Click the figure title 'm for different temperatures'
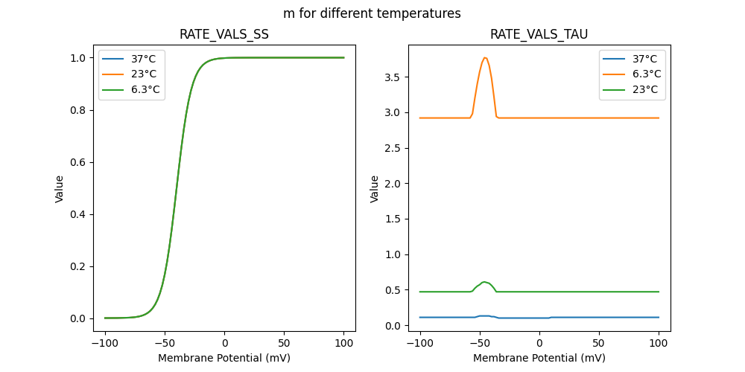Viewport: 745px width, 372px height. (x=372, y=13)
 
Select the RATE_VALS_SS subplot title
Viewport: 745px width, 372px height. (x=224, y=34)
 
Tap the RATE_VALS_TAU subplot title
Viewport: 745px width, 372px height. (x=539, y=34)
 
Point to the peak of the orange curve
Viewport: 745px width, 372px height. (x=485, y=57)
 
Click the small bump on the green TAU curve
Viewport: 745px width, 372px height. (x=485, y=282)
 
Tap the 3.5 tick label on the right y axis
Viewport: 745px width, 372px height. (x=393, y=77)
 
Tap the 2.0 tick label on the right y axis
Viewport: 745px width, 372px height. (x=393, y=184)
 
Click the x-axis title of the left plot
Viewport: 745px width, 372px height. (x=224, y=358)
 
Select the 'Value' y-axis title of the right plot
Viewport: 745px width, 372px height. (x=375, y=188)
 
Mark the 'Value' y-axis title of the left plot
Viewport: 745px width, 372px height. (x=60, y=188)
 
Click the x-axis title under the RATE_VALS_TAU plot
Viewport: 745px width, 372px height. (x=539, y=358)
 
